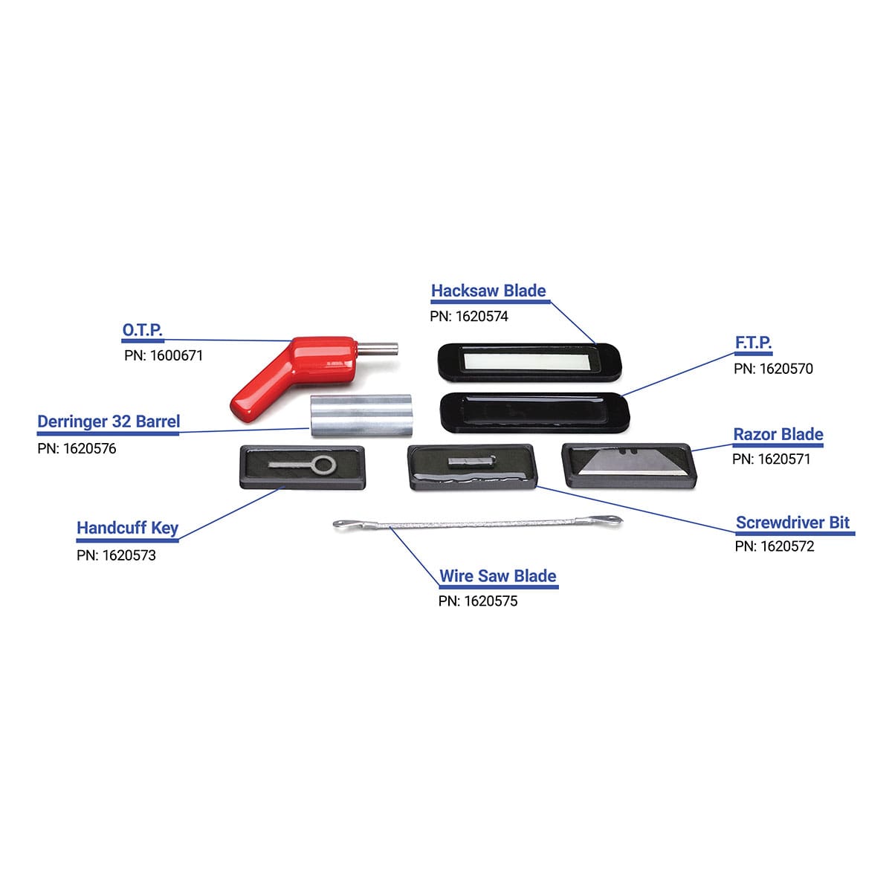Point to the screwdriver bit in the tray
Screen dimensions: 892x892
pos(471,462)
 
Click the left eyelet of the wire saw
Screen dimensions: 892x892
pos(343,525)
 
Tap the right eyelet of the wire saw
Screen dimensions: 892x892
pos(611,520)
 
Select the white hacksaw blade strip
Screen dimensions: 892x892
pos(529,361)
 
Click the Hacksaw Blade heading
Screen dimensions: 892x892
pos(488,291)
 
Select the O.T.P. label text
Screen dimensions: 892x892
pos(142,329)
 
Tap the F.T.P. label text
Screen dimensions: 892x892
pos(753,343)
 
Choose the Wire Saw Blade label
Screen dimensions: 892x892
pos(497,576)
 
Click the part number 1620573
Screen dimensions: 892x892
pos(129,555)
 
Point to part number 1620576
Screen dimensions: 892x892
pos(89,449)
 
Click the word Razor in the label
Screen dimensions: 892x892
pos(754,434)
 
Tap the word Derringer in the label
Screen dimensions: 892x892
pos(72,421)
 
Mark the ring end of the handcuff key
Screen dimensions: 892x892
pos(324,466)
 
